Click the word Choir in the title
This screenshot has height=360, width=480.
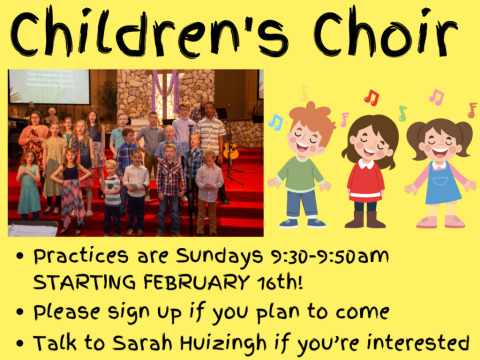click(x=385, y=33)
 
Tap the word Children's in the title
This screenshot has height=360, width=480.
click(x=149, y=33)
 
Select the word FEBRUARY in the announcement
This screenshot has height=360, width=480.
click(x=197, y=282)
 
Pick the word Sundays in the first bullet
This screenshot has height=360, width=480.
click(x=220, y=257)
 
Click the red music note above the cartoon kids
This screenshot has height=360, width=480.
click(x=372, y=97)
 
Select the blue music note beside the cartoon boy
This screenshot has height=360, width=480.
click(x=276, y=122)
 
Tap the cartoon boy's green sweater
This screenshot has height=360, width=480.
click(x=300, y=174)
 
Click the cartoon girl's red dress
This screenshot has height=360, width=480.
click(x=366, y=182)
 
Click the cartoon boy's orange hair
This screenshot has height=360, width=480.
click(x=313, y=118)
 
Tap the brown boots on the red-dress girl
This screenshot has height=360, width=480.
click(x=365, y=219)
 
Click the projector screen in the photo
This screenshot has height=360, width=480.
click(x=49, y=87)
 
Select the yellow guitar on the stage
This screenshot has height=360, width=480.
click(x=231, y=151)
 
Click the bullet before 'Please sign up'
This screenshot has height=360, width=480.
click(x=20, y=312)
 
